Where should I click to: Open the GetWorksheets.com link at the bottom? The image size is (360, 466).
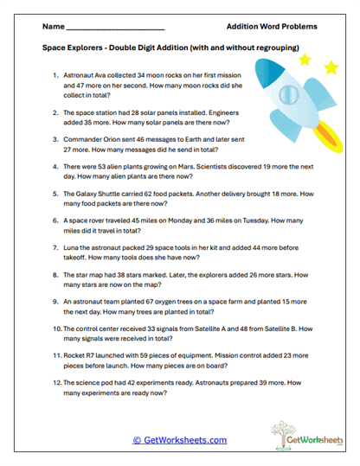tap(180, 440)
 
